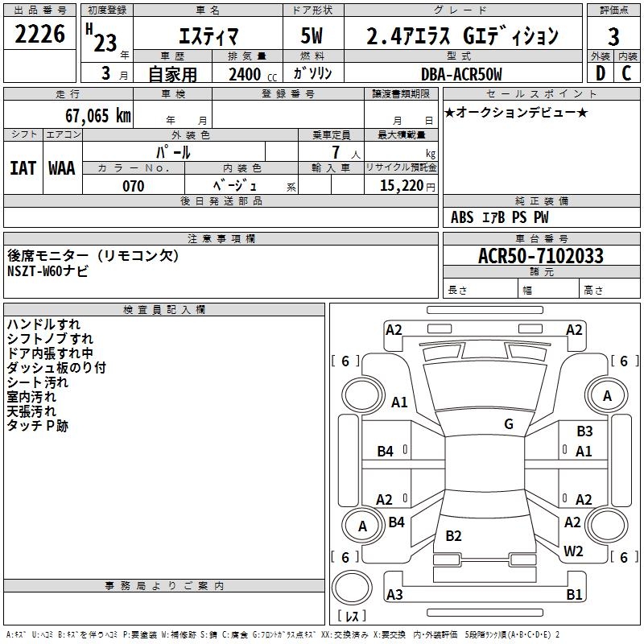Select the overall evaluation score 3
tap(613, 37)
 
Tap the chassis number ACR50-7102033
tap(540, 256)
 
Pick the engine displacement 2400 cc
tap(246, 74)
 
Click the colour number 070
tap(133, 186)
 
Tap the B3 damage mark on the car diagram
tap(584, 431)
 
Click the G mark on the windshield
tap(509, 424)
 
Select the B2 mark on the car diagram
tap(454, 536)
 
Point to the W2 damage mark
tap(573, 551)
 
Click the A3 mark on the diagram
tap(394, 595)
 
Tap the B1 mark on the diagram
tap(574, 595)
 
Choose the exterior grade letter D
tap(599, 74)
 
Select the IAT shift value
tap(23, 168)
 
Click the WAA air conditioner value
tap(62, 168)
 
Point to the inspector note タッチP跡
tap(38, 426)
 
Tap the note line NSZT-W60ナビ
tap(48, 271)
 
